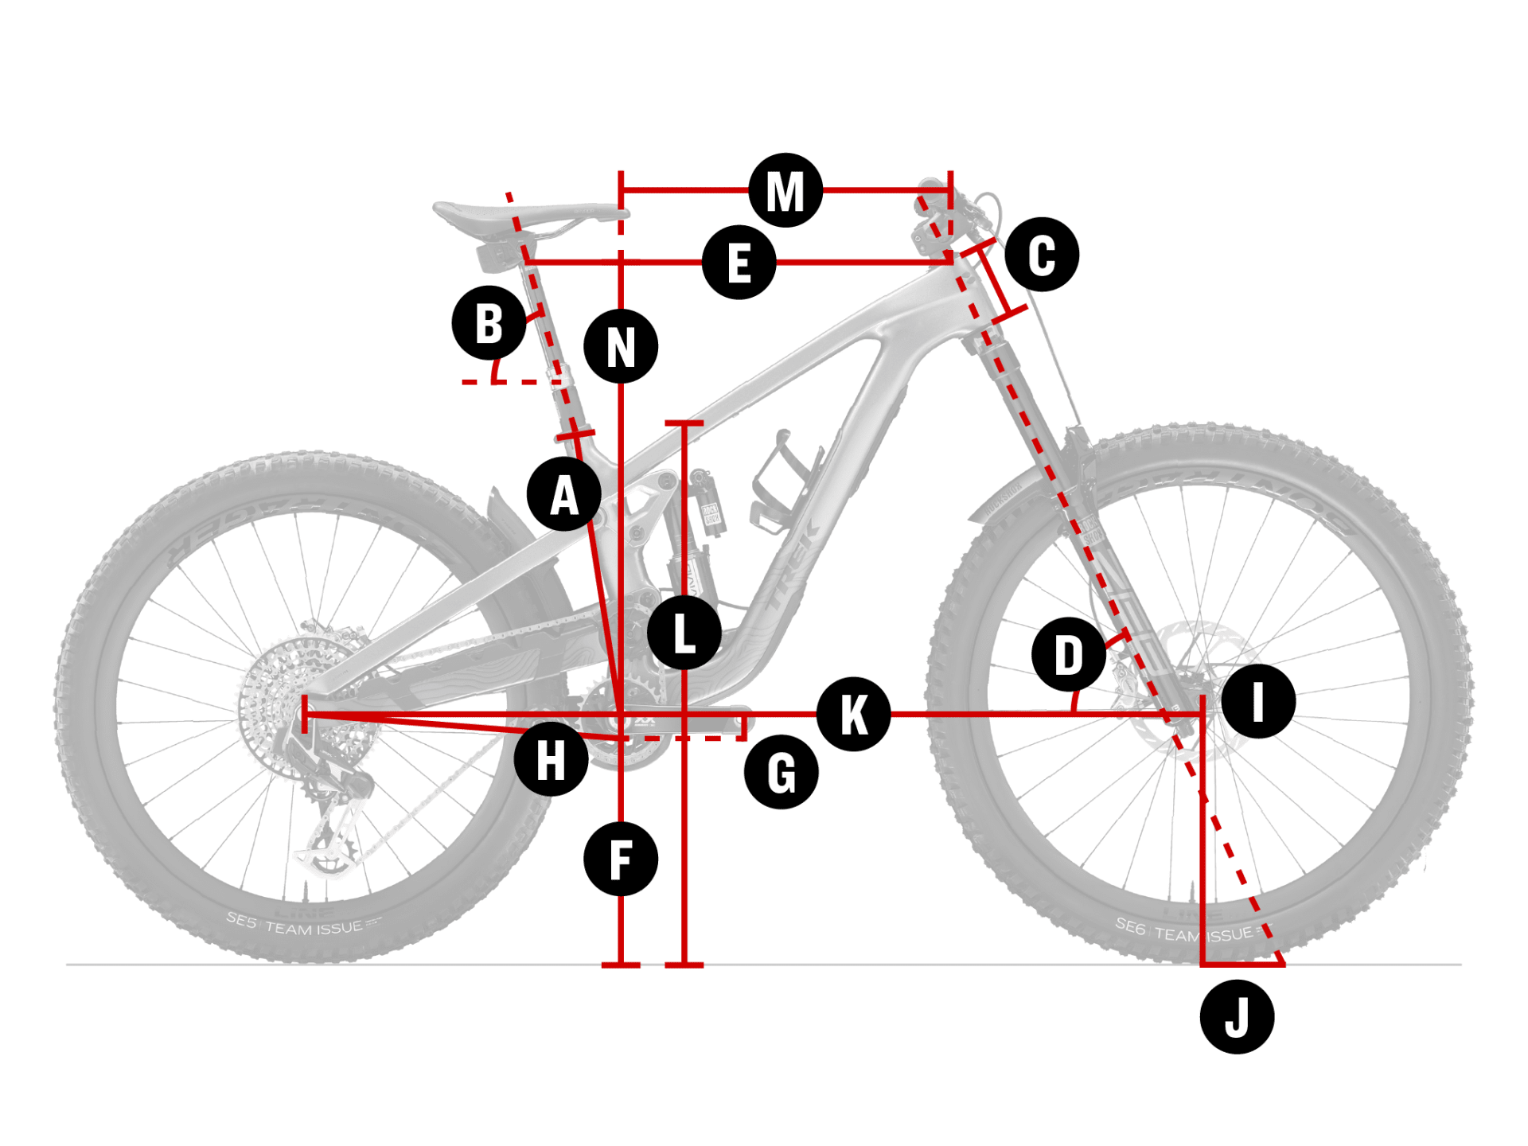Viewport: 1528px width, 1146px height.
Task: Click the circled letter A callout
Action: pyautogui.click(x=564, y=494)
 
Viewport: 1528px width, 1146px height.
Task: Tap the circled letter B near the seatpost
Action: pyautogui.click(x=489, y=323)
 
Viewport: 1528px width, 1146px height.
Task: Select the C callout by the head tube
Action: pyautogui.click(x=1041, y=255)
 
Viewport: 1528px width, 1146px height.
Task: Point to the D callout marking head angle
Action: pyautogui.click(x=1068, y=654)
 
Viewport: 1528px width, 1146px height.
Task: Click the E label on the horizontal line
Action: pyautogui.click(x=739, y=263)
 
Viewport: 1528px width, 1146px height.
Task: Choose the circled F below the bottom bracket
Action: pyautogui.click(x=621, y=859)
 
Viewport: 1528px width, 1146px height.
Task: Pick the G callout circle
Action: pyautogui.click(x=781, y=772)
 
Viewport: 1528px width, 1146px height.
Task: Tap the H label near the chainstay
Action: pyautogui.click(x=551, y=759)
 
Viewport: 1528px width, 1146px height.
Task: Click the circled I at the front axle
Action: pyautogui.click(x=1257, y=701)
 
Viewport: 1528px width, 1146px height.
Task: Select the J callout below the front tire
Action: pyautogui.click(x=1236, y=1017)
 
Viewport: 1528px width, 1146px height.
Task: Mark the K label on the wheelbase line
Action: pyautogui.click(x=853, y=714)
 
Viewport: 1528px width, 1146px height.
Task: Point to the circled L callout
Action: pyautogui.click(x=684, y=633)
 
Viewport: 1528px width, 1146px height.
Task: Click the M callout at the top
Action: pyautogui.click(x=785, y=190)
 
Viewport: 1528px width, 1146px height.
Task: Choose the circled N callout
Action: pyautogui.click(x=621, y=346)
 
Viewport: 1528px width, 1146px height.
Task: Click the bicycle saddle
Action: pyautogui.click(x=525, y=213)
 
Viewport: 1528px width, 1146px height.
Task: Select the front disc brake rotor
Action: pyautogui.click(x=1194, y=676)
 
